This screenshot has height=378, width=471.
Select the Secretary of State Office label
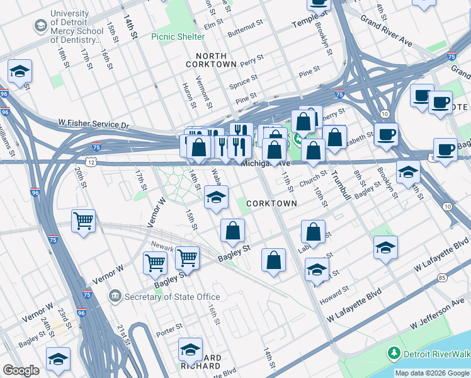pos(172,297)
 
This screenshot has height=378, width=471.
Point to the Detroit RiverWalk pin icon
pos(394,352)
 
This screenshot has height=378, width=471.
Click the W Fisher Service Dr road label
pos(93,124)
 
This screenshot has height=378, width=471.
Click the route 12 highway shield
pos(92,163)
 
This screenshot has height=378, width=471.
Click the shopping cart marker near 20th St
pos(83,221)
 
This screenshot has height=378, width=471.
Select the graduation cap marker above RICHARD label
pos(190,349)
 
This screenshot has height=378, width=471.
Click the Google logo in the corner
pos(21,370)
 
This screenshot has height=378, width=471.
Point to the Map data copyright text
pos(432,373)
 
